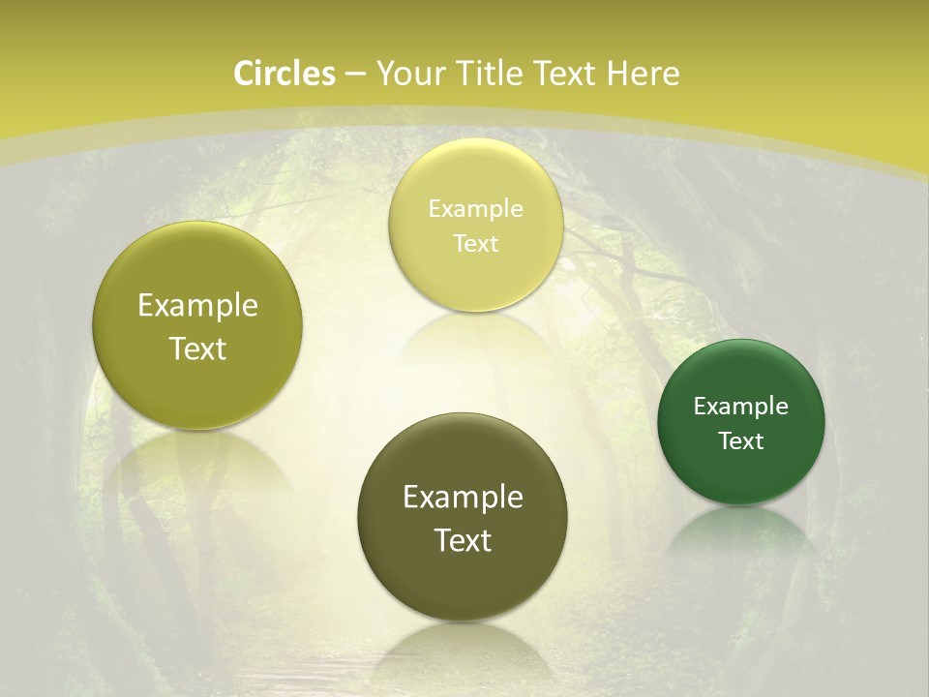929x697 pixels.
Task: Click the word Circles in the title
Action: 284,74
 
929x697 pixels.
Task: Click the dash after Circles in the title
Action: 355,75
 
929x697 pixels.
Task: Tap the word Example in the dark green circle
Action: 741,407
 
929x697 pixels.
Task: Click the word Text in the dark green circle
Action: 741,441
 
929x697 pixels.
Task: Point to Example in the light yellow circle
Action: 475,209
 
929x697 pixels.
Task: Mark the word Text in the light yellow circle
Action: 475,244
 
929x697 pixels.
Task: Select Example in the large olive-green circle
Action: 197,306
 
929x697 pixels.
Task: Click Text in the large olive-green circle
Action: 197,348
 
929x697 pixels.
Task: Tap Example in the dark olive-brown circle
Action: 463,498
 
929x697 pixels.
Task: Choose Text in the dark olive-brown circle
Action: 463,540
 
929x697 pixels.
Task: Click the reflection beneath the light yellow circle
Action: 475,339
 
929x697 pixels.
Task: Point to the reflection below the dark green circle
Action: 741,532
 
